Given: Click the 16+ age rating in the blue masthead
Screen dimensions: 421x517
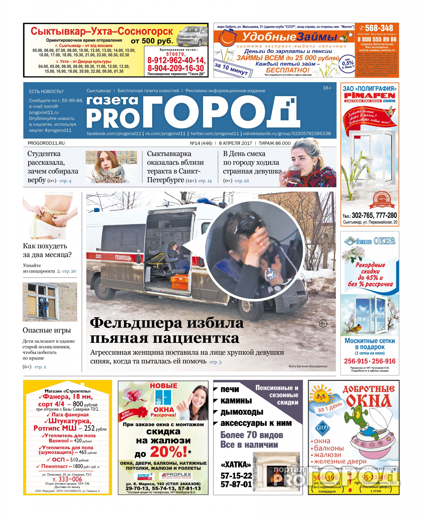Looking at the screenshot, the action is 327,88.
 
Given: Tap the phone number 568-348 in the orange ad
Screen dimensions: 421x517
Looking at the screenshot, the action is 379,28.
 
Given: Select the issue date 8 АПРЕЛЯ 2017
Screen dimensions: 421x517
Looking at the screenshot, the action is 235,143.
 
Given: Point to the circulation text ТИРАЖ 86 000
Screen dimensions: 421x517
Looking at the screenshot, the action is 275,143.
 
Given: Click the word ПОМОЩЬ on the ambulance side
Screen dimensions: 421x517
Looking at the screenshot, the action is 123,257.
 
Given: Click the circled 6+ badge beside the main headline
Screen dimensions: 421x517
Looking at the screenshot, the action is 323,323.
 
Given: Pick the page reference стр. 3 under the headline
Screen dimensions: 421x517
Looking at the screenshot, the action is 216,362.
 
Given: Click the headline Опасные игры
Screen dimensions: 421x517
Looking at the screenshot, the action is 47,330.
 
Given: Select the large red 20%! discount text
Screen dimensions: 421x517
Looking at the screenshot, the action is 168,452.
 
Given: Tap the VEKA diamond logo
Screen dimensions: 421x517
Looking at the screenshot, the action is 322,428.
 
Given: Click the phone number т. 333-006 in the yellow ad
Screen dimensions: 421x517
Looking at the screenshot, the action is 67,479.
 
